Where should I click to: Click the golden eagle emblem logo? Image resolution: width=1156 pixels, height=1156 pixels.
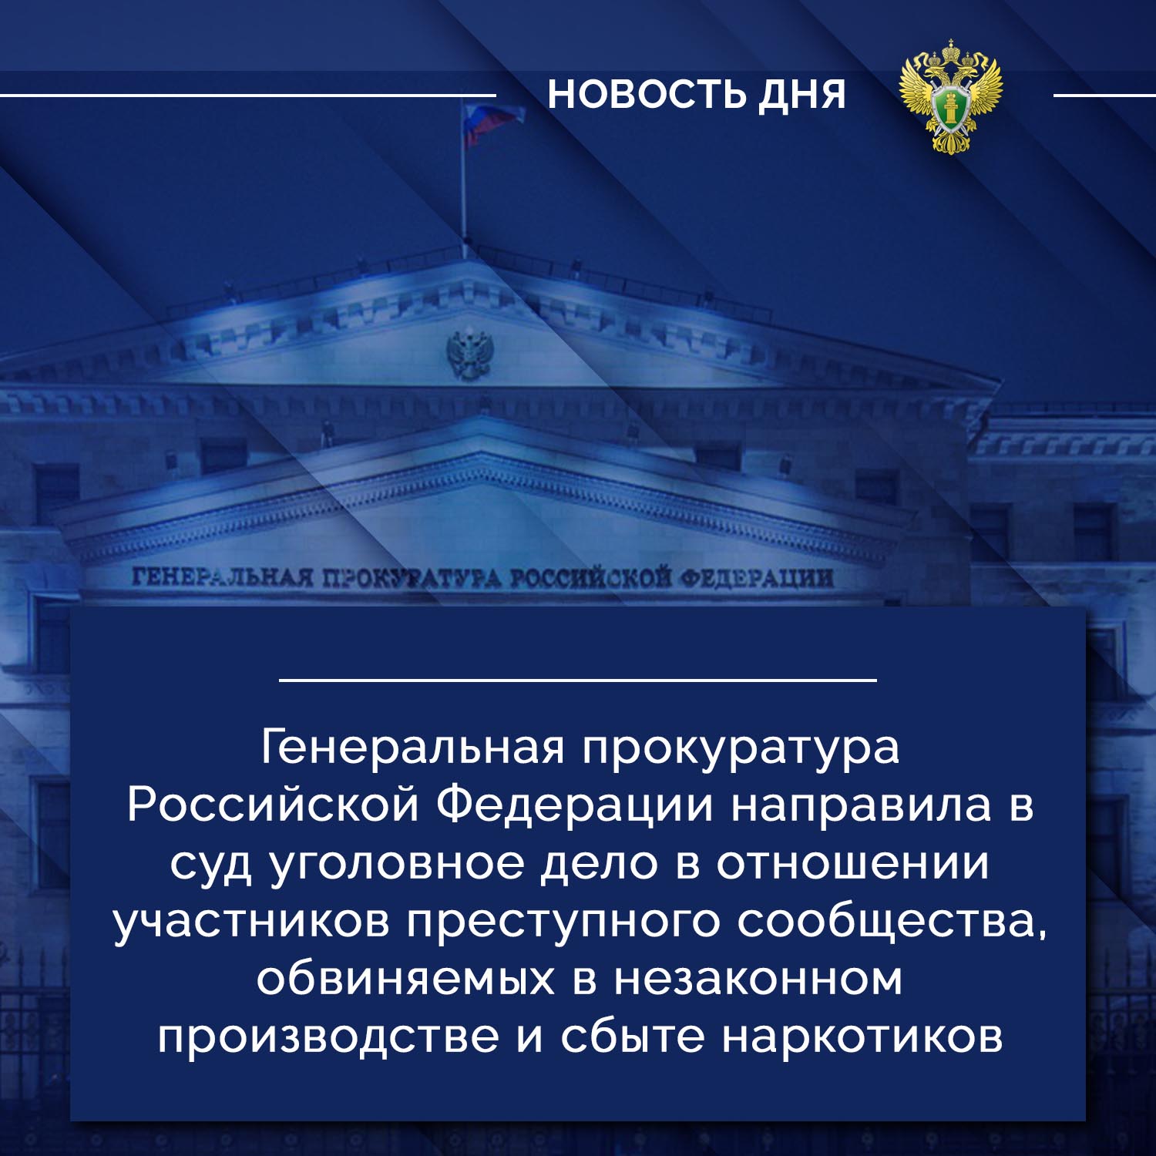click(x=952, y=96)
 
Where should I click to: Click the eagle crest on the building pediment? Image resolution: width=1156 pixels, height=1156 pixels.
click(x=469, y=355)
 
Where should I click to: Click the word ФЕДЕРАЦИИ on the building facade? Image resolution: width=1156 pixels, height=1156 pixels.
click(x=756, y=576)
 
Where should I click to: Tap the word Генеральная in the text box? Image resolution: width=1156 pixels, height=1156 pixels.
click(x=413, y=748)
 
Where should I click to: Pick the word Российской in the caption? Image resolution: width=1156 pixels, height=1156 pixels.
click(x=274, y=805)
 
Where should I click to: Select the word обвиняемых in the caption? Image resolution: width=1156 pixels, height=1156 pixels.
click(x=405, y=979)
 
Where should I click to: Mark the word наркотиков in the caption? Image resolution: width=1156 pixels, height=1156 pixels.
click(x=863, y=1037)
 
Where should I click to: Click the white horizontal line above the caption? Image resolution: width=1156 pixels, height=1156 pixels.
click(x=578, y=680)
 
